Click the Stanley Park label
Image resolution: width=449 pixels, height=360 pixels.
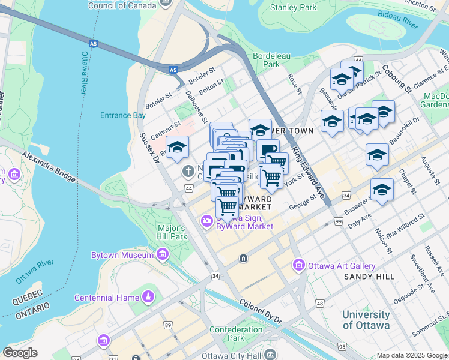coord(293,8)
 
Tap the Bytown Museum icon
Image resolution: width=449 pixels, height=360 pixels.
coord(161,256)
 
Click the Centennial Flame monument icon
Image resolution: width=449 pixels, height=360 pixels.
coord(148,298)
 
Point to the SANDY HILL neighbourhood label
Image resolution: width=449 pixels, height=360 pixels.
coord(369,276)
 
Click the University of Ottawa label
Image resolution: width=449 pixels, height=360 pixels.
coord(366,320)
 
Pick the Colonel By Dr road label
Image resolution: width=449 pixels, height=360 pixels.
coord(261,312)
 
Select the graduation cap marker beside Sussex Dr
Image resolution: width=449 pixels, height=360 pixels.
coord(177,147)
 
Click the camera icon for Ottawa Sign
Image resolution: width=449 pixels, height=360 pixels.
coord(207,221)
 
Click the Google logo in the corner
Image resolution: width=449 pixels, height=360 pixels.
coord(20,353)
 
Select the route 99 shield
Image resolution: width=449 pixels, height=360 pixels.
coord(339,223)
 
